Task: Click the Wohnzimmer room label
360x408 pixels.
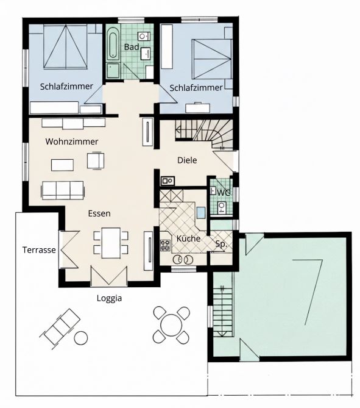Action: coord(72,141)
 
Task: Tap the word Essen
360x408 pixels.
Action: coord(99,213)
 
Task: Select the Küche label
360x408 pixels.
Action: coord(188,238)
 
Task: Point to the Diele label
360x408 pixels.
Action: coord(187,160)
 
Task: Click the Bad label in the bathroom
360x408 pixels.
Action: coord(132,47)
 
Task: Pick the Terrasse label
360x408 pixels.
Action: coord(39,250)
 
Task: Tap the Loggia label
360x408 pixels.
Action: coord(109,298)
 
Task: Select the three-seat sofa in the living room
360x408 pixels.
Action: coord(63,190)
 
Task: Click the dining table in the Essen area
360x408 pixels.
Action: coord(111,243)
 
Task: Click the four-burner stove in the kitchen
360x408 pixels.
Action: coord(165,245)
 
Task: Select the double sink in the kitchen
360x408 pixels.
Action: coord(183,259)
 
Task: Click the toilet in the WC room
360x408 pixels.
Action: coord(222,207)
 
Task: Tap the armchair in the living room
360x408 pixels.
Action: coord(96,160)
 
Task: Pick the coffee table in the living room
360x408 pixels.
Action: coord(62,165)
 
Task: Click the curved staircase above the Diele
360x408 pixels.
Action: coord(204,134)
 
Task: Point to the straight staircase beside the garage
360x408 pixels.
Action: coord(222,311)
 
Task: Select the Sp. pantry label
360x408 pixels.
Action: coord(221,244)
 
